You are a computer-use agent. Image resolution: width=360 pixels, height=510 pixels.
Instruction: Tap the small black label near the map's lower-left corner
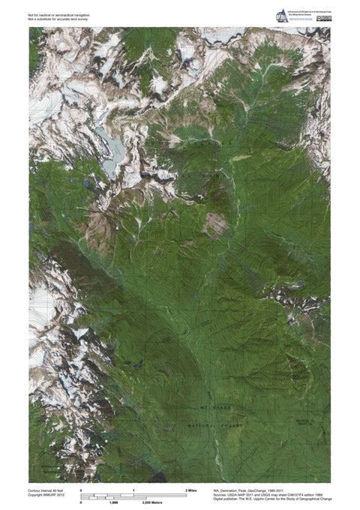pyautogui.click(x=48, y=465)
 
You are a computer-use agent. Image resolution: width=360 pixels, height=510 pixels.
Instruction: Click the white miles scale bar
pyautogui.click(x=133, y=494)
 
